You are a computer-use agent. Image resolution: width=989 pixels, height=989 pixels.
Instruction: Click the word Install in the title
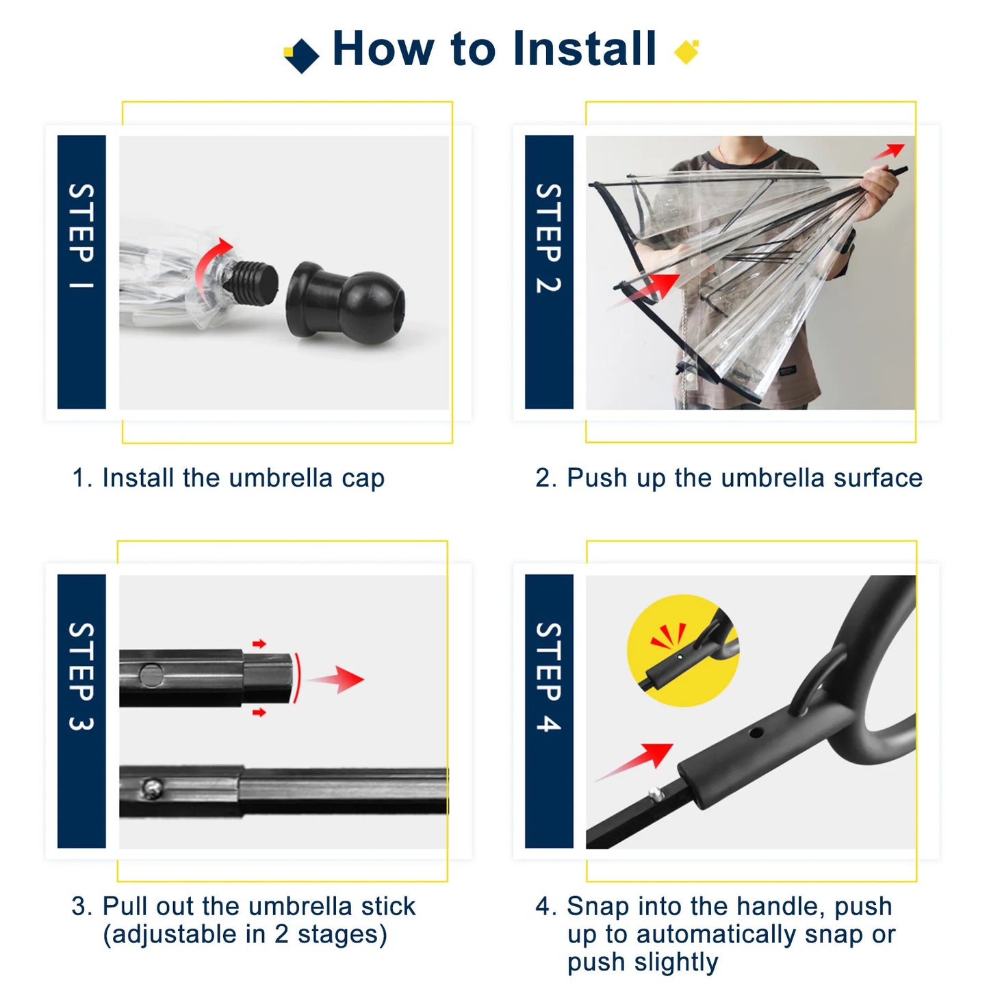pyautogui.click(x=584, y=49)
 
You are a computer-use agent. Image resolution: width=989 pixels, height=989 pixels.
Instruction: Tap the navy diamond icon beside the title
pyautogui.click(x=302, y=55)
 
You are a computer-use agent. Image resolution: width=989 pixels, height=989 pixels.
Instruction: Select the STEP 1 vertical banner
pyautogui.click(x=81, y=272)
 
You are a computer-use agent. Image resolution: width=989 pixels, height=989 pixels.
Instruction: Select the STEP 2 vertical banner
pyautogui.click(x=548, y=272)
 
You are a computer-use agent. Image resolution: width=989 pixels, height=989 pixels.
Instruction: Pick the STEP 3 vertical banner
pyautogui.click(x=81, y=710)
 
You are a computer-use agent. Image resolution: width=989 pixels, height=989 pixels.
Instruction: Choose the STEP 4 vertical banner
pyautogui.click(x=548, y=710)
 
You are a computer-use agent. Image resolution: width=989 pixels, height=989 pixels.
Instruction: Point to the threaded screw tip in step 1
pyautogui.click(x=254, y=277)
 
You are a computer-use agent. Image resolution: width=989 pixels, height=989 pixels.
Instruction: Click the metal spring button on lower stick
pyautogui.click(x=151, y=789)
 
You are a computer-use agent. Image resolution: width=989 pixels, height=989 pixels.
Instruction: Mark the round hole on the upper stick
pyautogui.click(x=151, y=676)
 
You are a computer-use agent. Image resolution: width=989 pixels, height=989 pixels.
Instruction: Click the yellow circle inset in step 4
pyautogui.click(x=682, y=650)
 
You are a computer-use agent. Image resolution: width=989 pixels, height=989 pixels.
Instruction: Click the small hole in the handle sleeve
pyautogui.click(x=756, y=733)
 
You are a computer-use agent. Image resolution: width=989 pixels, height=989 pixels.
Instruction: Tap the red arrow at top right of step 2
pyautogui.click(x=890, y=151)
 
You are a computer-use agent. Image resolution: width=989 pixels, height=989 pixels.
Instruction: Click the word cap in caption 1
pyautogui.click(x=363, y=478)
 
